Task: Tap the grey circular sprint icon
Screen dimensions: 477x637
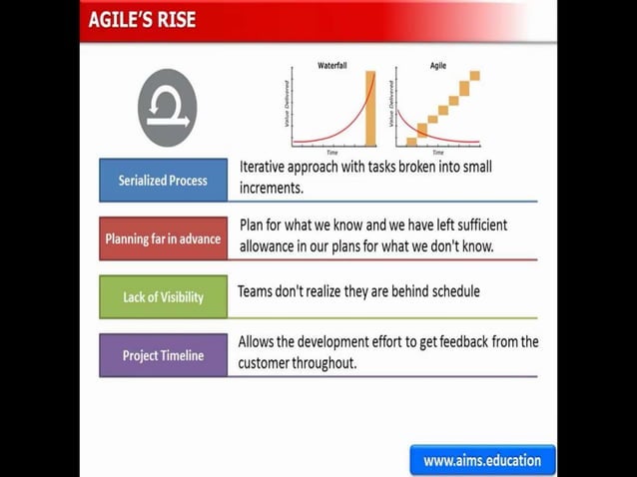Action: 167,108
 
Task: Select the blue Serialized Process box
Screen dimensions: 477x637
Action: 163,181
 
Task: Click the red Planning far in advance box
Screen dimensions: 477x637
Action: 163,238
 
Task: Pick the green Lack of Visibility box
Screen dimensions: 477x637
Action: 163,296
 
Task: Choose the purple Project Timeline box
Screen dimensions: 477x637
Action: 163,355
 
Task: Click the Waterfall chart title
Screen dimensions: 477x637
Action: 332,65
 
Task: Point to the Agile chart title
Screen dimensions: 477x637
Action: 438,65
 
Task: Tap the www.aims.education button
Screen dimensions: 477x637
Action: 482,460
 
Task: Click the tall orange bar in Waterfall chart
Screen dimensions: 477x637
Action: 370,107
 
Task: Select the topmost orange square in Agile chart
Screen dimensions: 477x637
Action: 474,76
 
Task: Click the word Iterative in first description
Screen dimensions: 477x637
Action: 267,167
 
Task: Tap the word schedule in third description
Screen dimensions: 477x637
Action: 451,291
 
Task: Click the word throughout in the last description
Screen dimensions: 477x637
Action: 322,363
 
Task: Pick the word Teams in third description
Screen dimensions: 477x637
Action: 255,291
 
